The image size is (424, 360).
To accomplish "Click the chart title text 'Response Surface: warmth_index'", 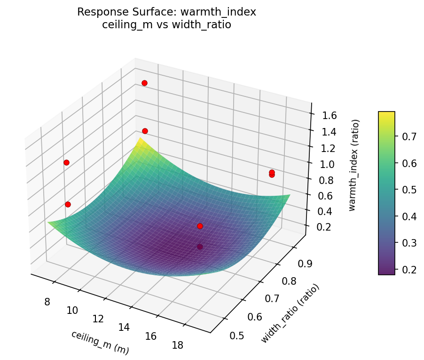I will [x=166, y=12].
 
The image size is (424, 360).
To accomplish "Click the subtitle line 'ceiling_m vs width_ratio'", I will [x=166, y=25].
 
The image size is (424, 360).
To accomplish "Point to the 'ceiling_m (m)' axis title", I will [x=100, y=342].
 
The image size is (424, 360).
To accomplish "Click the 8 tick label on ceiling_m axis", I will [x=47, y=302].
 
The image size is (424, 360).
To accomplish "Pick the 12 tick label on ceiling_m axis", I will [x=98, y=319].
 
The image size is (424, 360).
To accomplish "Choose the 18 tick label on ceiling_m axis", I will [x=177, y=345].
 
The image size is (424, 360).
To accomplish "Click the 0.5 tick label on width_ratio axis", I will [x=237, y=336].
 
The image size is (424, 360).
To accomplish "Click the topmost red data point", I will [x=144, y=83].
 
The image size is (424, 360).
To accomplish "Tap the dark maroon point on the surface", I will [x=200, y=247].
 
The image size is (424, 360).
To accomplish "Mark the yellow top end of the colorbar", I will [x=386, y=114].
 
